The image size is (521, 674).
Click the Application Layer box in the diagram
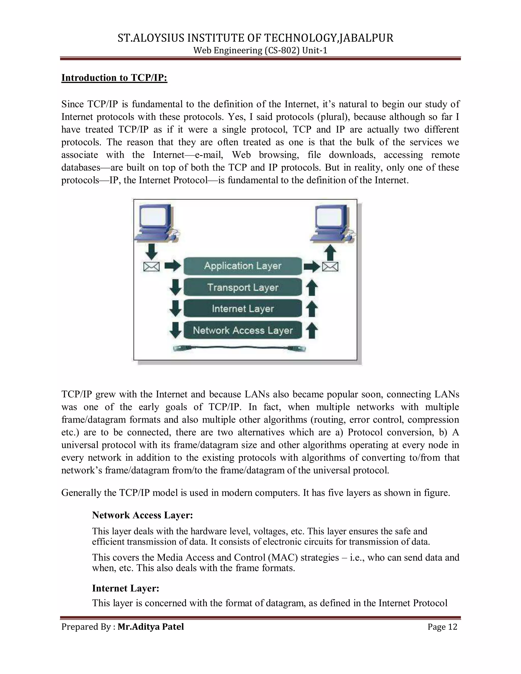point(243,266)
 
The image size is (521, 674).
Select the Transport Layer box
point(243,287)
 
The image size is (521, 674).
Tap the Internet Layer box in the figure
point(243,309)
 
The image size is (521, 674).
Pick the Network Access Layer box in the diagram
point(243,330)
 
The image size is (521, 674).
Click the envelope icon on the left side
point(152,267)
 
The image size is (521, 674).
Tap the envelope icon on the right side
point(330,267)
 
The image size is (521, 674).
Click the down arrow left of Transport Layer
point(175,287)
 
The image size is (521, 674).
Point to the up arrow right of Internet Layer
point(312,309)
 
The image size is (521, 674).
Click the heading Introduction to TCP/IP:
point(114,78)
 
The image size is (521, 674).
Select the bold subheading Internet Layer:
point(126,588)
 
